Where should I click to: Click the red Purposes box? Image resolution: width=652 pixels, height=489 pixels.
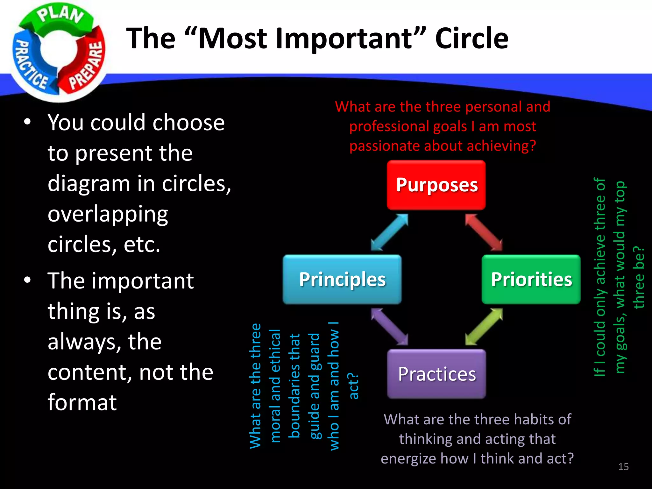[436, 185]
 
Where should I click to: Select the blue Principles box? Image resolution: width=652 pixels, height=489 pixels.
[342, 280]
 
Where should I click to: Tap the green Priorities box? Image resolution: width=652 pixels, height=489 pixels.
[531, 280]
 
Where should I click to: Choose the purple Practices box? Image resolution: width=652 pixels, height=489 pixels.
[436, 374]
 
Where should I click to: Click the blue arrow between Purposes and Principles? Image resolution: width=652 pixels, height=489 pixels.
[389, 232]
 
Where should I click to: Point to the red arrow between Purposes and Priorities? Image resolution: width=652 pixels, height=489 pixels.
[484, 232]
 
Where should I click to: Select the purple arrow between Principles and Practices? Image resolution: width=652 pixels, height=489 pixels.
[389, 327]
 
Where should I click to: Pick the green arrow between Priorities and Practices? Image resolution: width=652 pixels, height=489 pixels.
[484, 327]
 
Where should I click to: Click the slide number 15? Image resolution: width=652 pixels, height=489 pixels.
[623, 467]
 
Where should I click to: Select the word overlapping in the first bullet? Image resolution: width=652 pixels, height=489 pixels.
[108, 215]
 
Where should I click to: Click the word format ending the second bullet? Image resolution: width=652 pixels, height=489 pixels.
[82, 402]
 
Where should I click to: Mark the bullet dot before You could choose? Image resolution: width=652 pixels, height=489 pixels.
[27, 122]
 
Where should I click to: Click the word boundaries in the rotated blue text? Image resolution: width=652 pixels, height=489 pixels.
[294, 386]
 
